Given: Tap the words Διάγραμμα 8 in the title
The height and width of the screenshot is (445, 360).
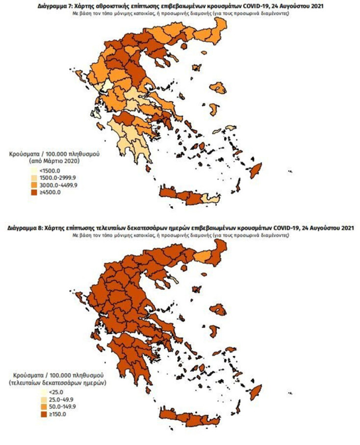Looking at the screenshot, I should pyautogui.click(x=26, y=229).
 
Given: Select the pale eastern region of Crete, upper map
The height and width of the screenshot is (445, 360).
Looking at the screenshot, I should pyautogui.click(x=211, y=199).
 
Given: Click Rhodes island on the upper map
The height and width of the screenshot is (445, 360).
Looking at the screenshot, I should pyautogui.click(x=255, y=171).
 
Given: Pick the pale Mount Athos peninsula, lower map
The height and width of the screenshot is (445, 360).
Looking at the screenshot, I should pyautogui.click(x=174, y=280).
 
